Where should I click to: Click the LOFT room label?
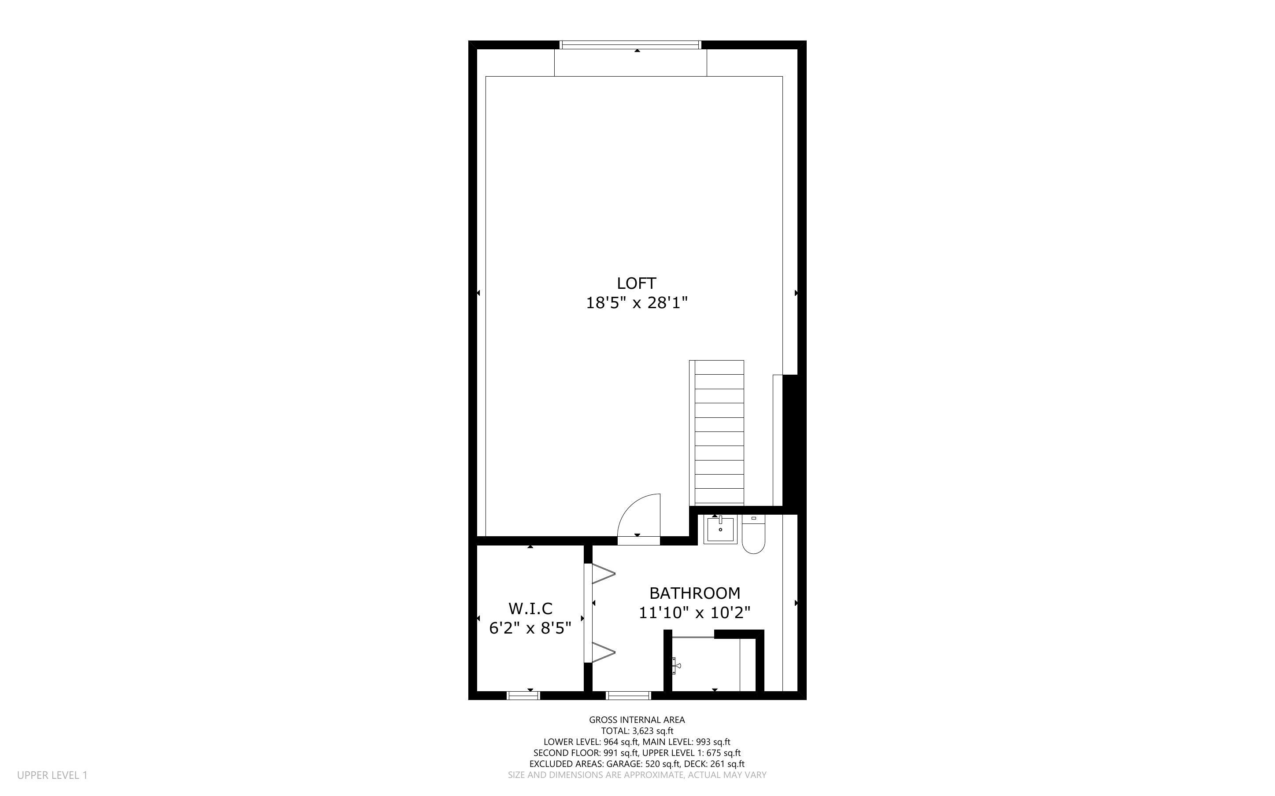[x=636, y=283]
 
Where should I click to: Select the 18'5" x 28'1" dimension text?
[x=637, y=303]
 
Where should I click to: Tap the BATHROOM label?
[x=694, y=593]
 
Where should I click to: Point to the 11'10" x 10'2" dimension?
[x=694, y=613]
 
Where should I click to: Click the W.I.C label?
[x=530, y=608]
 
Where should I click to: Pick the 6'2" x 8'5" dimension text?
[x=530, y=629]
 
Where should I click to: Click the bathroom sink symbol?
[x=720, y=530]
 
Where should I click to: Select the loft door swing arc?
[x=638, y=516]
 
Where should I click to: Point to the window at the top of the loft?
[x=630, y=45]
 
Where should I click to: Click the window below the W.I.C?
[x=523, y=696]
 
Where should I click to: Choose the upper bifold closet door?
[x=603, y=574]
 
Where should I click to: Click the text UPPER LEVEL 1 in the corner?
[x=52, y=775]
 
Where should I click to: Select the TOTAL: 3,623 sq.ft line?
[x=637, y=731]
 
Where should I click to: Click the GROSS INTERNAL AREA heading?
[x=637, y=720]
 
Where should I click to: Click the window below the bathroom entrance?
[x=628, y=696]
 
